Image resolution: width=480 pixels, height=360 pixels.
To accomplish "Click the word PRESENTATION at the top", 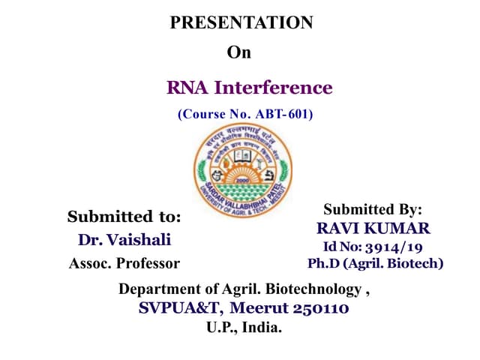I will tap(241, 22).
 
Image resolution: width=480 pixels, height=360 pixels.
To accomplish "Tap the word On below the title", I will tap(239, 52).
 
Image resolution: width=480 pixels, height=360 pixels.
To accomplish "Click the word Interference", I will tap(273, 88).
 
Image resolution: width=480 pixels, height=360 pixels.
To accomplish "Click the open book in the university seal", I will tap(242, 157).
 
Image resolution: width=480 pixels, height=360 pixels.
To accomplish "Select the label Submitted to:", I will tap(124, 217).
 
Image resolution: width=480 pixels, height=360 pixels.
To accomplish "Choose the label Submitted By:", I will tap(373, 209).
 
